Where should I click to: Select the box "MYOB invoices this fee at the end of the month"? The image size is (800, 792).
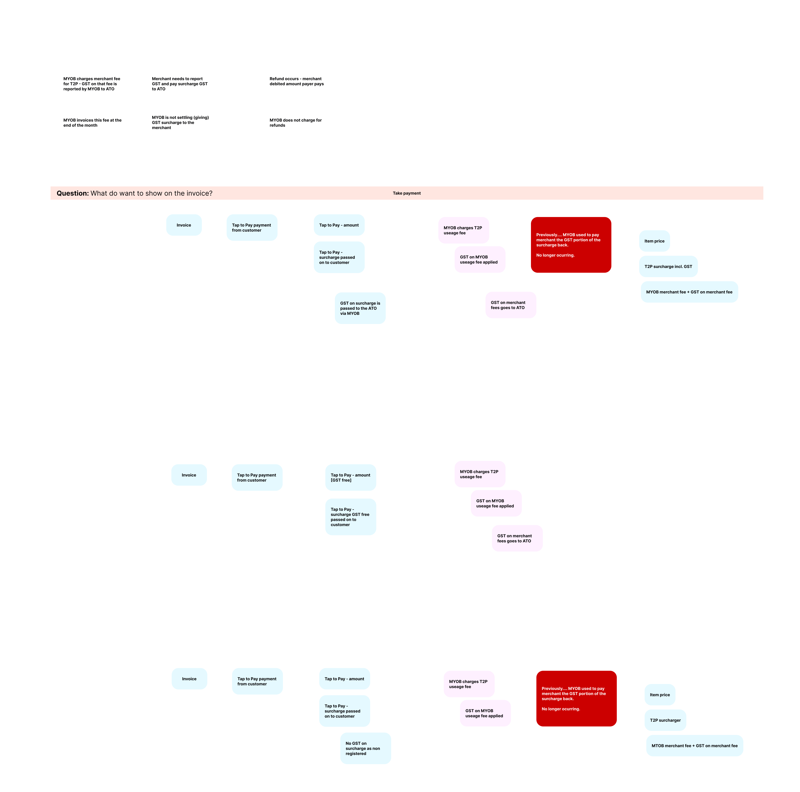[x=93, y=123]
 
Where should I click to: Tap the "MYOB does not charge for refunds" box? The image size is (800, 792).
[x=299, y=123]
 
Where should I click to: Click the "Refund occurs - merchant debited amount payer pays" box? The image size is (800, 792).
[x=299, y=81]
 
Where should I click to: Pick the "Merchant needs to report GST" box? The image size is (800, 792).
[x=181, y=84]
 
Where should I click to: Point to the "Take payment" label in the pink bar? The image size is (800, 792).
[x=407, y=193]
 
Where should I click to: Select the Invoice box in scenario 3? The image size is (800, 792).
[x=189, y=679]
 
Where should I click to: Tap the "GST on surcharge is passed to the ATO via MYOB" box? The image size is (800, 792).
[x=360, y=308]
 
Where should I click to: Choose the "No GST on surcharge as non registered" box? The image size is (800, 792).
[x=365, y=749]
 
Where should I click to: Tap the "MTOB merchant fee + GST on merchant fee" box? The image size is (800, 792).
[x=694, y=746]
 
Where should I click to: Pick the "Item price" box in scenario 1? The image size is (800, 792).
[x=654, y=241]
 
